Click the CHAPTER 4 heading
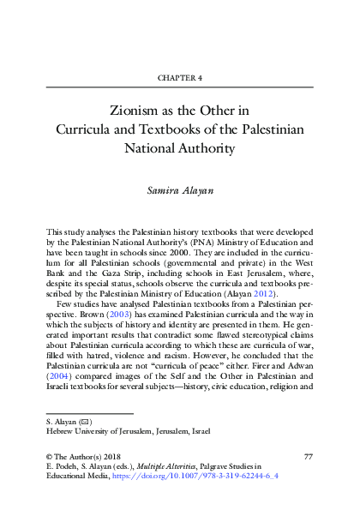coord(180,78)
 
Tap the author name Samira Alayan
coord(180,187)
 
